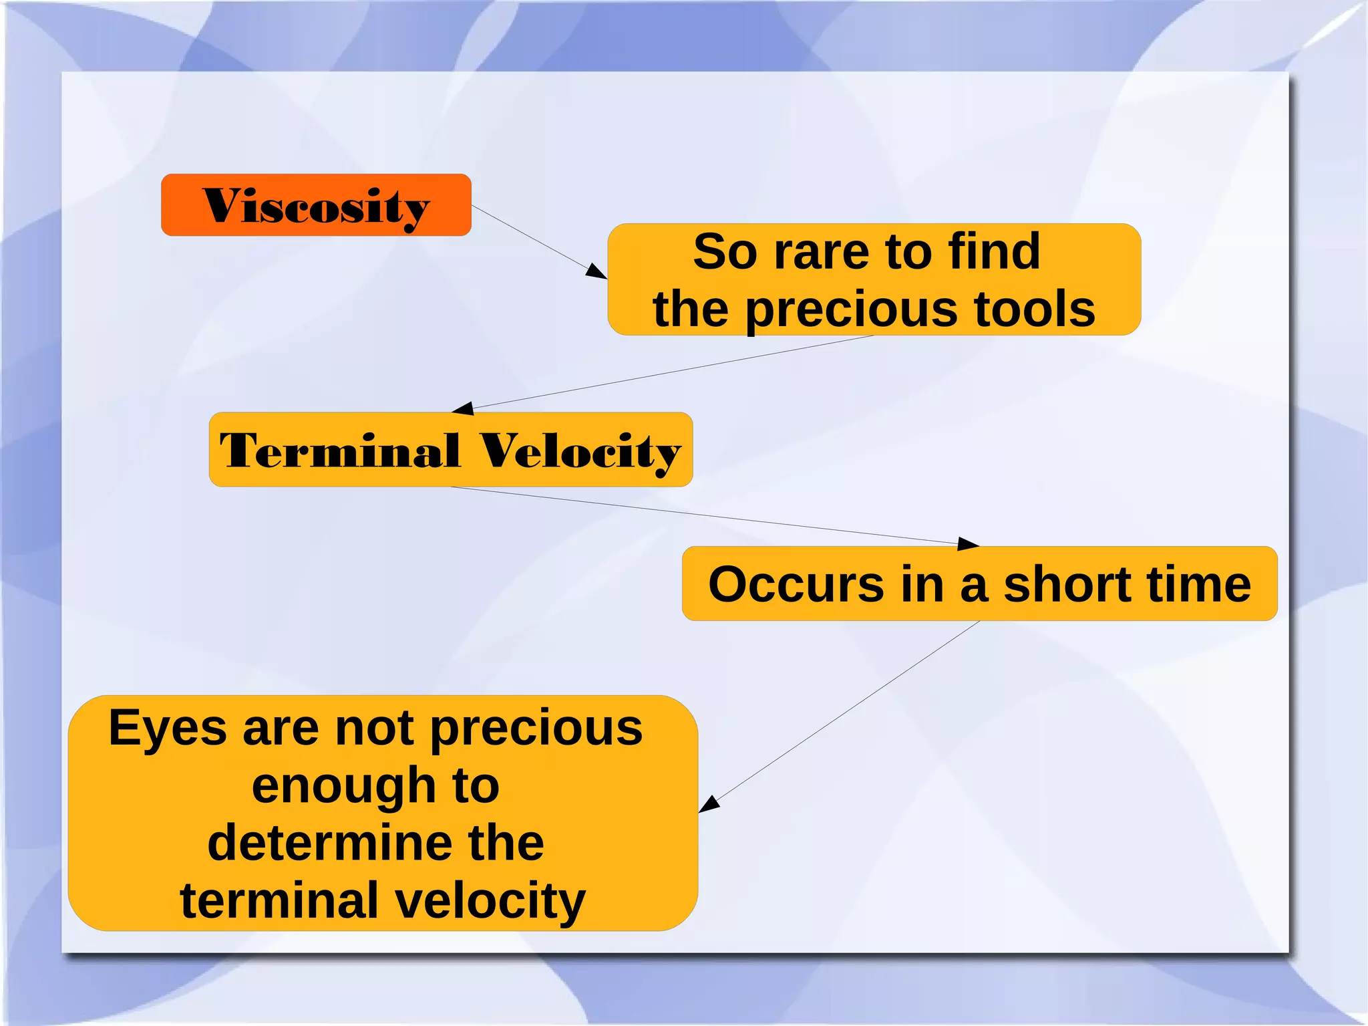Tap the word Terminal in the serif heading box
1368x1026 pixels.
(340, 451)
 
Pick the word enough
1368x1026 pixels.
(343, 786)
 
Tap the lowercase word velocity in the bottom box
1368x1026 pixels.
(490, 901)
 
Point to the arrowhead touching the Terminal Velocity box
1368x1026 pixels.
(463, 408)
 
